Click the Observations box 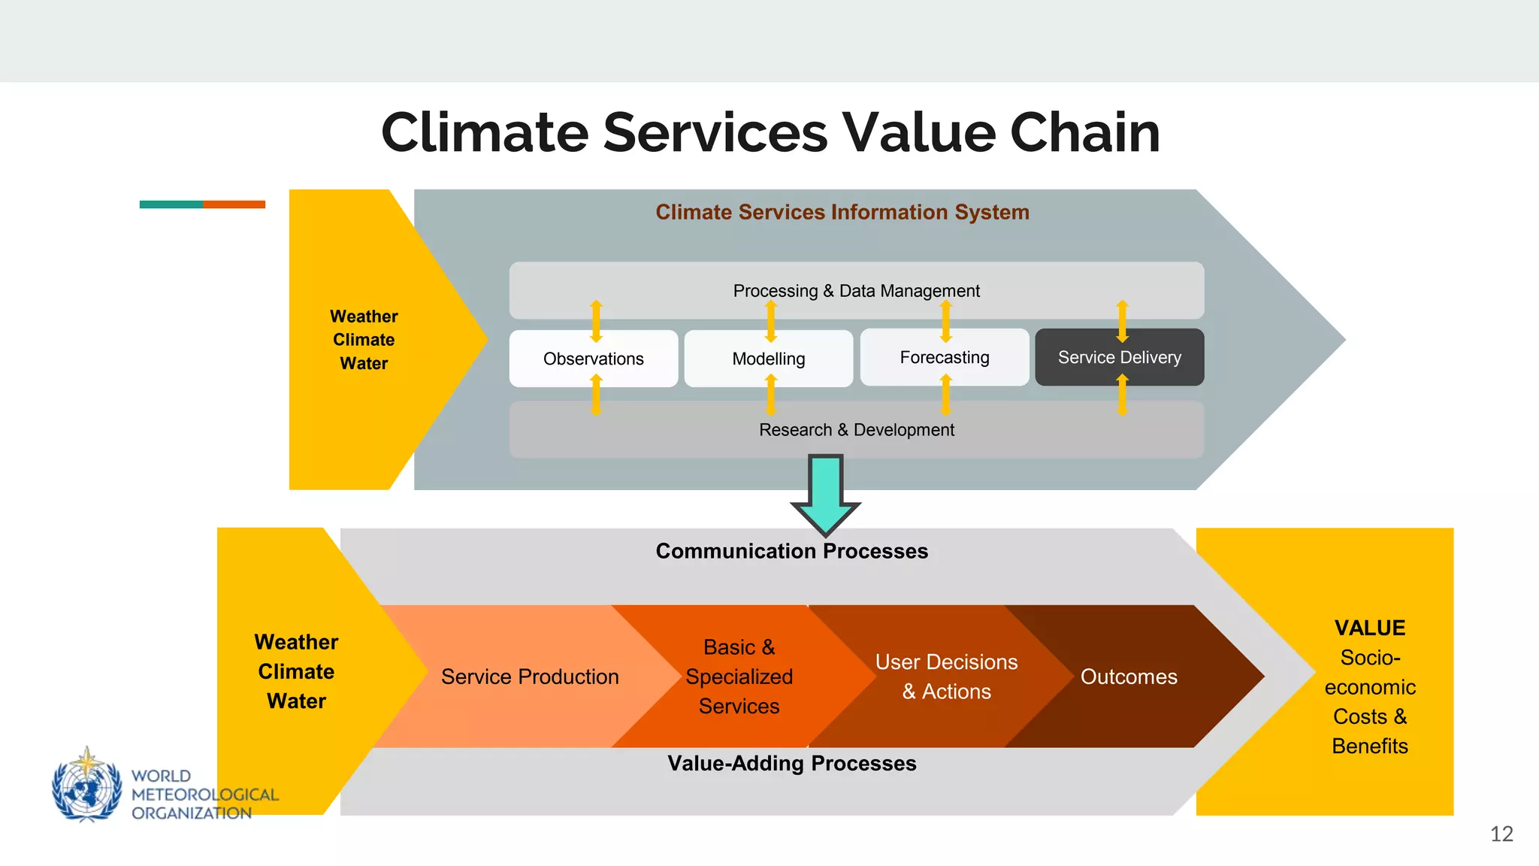click(593, 359)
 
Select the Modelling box click(768, 359)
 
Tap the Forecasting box click(944, 357)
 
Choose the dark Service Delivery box click(1119, 357)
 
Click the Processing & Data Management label click(856, 291)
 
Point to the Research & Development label click(856, 430)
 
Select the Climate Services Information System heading click(842, 212)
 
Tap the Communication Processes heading click(791, 551)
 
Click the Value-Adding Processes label click(791, 764)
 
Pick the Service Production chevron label click(530, 677)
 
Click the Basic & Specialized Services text click(739, 677)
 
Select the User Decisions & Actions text click(946, 677)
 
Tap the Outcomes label click(1128, 677)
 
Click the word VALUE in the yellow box click(1369, 628)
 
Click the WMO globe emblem click(86, 786)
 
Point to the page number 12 click(1501, 834)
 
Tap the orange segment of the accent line click(234, 204)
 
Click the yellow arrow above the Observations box click(596, 320)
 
